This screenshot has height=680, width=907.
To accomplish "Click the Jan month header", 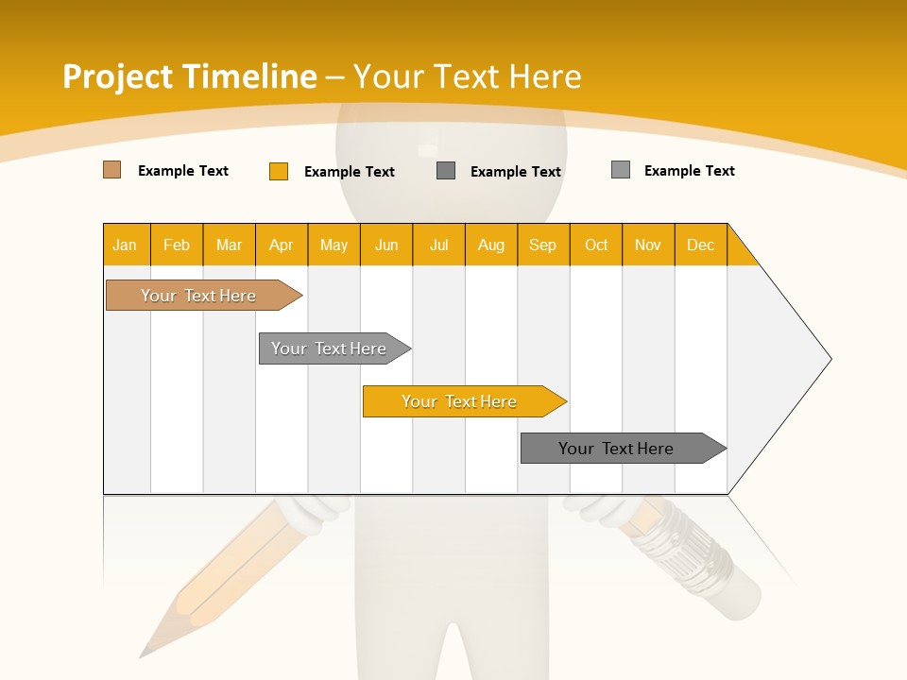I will tap(126, 245).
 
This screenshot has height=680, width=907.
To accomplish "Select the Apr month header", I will tap(282, 245).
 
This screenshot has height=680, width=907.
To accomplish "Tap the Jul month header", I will tap(438, 245).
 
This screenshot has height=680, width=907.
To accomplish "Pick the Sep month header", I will tap(543, 245).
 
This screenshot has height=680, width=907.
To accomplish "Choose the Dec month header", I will tap(700, 245).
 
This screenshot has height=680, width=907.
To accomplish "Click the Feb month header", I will tap(177, 245).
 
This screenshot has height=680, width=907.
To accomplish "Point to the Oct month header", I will tap(596, 245).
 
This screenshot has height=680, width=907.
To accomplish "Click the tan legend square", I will tap(112, 170).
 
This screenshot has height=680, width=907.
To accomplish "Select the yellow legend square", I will tap(279, 171).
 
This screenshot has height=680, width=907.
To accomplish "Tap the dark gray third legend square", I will tap(446, 170).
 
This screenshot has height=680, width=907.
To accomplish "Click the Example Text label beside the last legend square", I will tap(689, 170).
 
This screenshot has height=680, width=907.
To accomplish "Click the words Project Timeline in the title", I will tap(189, 76).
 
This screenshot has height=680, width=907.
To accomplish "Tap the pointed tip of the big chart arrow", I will tap(829, 359).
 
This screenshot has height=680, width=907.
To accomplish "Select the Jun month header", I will tap(386, 245).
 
